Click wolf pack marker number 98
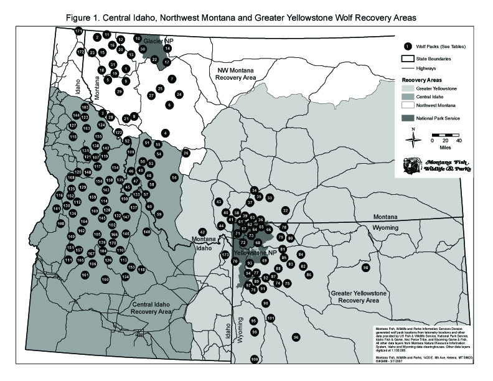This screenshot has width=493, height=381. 366,268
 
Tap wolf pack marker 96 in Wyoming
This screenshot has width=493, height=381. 296,337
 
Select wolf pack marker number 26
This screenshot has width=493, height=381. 185,153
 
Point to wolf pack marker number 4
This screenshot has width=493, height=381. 165,133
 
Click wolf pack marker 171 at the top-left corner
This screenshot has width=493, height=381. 78,31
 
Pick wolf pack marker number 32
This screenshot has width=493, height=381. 286,210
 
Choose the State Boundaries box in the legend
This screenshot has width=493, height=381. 407,58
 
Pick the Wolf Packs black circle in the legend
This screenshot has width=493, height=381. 407,46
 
